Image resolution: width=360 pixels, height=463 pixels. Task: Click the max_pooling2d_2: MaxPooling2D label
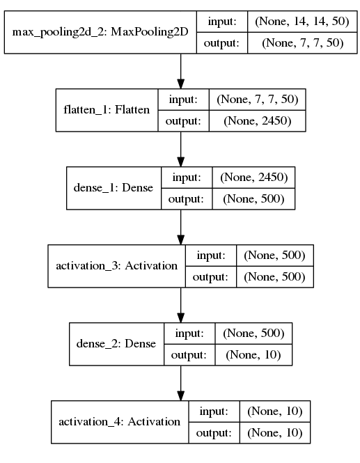100,32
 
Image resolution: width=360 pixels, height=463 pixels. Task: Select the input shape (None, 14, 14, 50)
302,22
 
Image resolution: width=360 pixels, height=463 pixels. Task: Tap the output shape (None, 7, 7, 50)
303,42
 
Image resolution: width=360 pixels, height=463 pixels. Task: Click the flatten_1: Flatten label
107,110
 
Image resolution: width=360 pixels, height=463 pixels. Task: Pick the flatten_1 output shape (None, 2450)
258,120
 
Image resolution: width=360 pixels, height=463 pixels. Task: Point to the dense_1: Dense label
114,188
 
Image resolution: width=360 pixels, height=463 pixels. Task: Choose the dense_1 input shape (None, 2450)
254,177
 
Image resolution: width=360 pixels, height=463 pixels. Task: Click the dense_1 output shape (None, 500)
253,198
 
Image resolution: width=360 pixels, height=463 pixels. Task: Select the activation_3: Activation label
117,266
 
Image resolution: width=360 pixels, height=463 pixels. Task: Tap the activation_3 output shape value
274,276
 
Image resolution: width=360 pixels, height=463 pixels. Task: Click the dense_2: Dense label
116,344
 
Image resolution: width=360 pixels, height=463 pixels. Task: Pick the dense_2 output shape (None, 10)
253,354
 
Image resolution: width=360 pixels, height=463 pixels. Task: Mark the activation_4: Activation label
119,422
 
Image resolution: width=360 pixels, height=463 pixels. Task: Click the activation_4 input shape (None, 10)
275,411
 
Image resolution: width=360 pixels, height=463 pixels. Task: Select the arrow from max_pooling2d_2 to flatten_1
181,71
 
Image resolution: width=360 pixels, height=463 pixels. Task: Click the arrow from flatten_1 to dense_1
181,149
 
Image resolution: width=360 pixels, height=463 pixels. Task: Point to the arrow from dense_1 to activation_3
181,227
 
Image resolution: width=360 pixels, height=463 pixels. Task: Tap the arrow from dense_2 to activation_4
181,383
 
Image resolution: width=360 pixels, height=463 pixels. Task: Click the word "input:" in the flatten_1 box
183,100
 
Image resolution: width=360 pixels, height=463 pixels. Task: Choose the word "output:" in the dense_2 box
189,354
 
